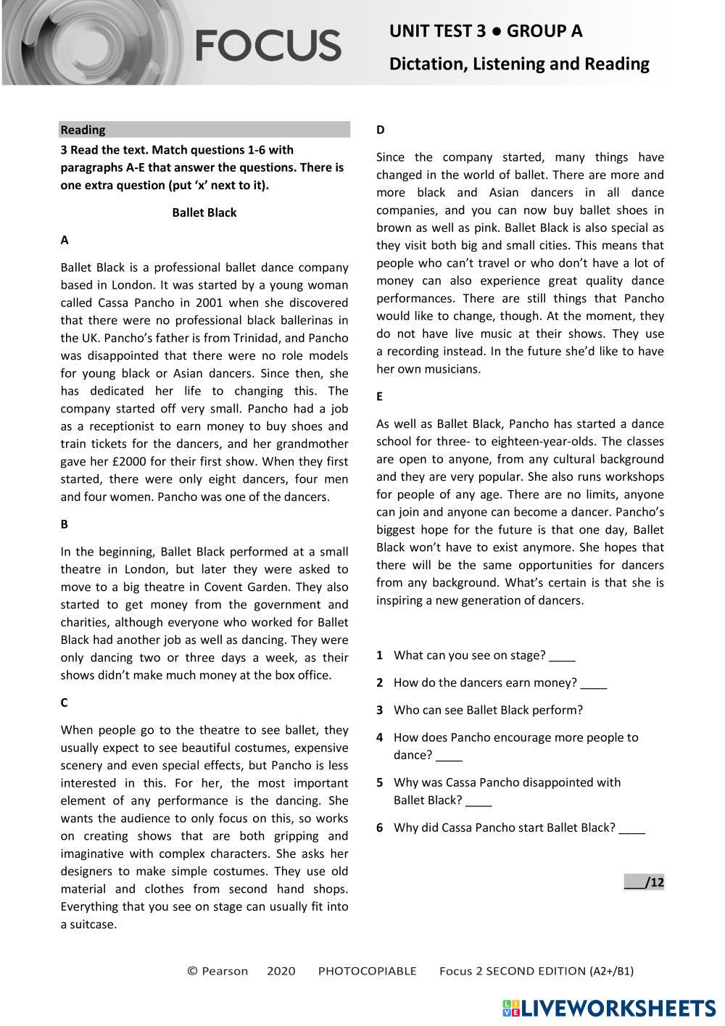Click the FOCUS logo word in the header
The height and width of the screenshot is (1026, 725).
point(268,45)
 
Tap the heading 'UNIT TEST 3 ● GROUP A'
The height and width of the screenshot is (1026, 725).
point(485,31)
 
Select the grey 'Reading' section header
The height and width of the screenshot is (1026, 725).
point(204,130)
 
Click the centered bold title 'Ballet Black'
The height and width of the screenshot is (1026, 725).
point(204,212)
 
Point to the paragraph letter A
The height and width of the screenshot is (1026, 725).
point(65,240)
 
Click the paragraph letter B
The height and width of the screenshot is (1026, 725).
point(65,524)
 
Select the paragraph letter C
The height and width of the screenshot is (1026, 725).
point(65,703)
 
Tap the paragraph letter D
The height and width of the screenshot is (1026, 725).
point(381,130)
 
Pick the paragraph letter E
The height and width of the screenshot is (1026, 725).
point(380,397)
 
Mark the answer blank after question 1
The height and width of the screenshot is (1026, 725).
point(562,657)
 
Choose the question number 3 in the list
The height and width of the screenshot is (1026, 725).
point(379,711)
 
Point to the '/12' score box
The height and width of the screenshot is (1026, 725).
point(645,882)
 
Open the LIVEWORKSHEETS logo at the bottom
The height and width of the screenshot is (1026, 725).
point(609,1008)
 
